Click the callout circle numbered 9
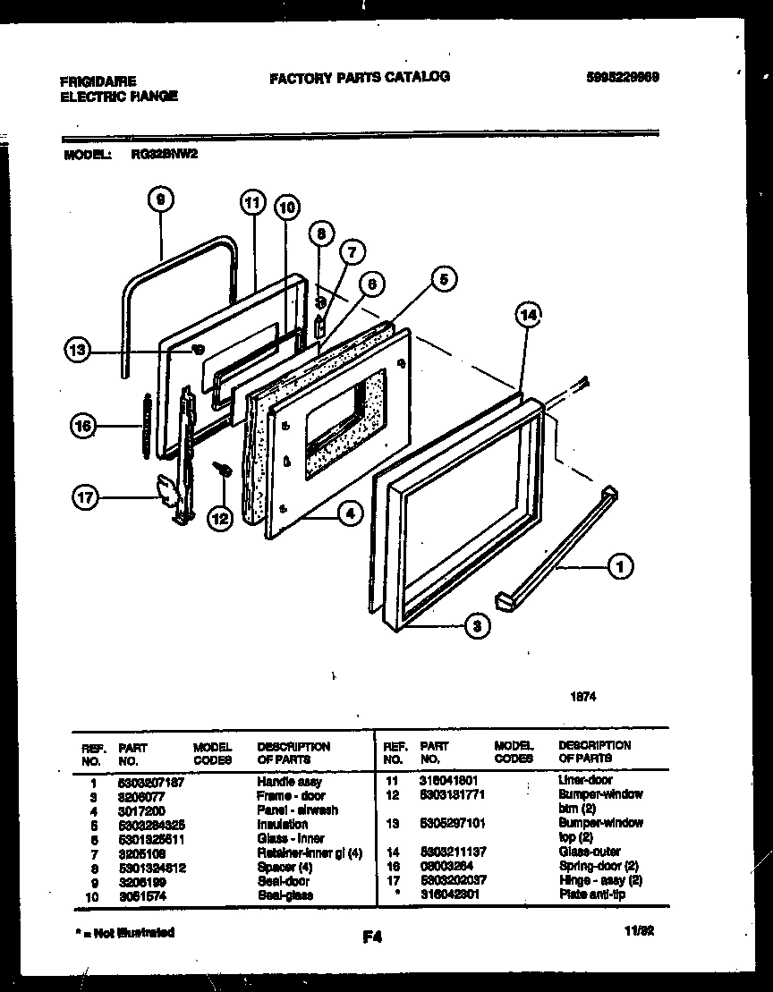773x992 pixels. [x=160, y=201]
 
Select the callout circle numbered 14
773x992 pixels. [x=529, y=315]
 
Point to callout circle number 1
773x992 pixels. [x=620, y=565]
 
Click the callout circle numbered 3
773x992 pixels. [x=478, y=627]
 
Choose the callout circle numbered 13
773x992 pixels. [x=79, y=351]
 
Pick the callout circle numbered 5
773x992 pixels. [x=441, y=280]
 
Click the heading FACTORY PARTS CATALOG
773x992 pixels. [x=360, y=77]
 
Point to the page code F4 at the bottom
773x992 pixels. [x=373, y=938]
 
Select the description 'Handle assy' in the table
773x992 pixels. [x=289, y=781]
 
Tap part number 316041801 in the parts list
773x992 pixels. [x=448, y=780]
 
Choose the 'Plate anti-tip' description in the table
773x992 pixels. [x=591, y=894]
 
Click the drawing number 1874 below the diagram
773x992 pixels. [x=584, y=696]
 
